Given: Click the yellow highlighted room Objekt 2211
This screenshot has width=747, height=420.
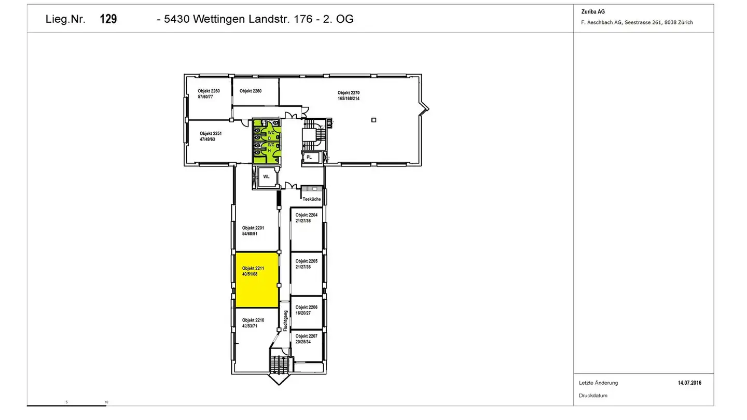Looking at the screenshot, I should (x=257, y=280).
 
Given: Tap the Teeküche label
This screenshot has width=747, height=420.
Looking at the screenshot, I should (x=312, y=199).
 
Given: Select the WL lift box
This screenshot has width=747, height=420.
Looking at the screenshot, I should (x=267, y=176).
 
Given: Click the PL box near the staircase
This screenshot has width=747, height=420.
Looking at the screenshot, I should (x=309, y=157).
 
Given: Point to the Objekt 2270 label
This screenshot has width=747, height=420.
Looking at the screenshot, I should (x=349, y=95).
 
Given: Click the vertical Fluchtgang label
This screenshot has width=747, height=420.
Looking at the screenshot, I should (x=285, y=321).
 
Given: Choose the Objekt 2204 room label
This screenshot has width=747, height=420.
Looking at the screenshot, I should (x=306, y=218).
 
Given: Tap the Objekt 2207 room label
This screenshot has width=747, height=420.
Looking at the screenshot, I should (x=306, y=339).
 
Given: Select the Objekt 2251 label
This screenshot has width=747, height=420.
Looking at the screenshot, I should (x=210, y=136).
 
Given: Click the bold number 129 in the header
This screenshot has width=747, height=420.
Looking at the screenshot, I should (x=108, y=19).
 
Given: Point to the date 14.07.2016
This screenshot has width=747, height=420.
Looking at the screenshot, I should (x=689, y=383).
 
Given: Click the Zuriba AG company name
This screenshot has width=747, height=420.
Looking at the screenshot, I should (x=593, y=12).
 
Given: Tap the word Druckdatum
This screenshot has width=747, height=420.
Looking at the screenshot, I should (x=593, y=396).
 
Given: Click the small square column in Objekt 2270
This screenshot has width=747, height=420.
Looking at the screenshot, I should (x=374, y=120).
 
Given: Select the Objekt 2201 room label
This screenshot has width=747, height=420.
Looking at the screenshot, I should (x=253, y=231).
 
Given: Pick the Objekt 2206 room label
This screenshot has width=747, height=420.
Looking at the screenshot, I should (x=306, y=310).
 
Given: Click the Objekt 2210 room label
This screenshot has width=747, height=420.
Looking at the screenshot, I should (x=253, y=323).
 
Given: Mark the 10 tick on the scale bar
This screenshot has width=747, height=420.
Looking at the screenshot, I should (x=106, y=402).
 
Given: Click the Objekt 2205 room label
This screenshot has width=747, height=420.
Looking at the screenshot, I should (x=306, y=264).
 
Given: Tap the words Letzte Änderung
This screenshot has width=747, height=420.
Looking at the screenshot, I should (x=598, y=383).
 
